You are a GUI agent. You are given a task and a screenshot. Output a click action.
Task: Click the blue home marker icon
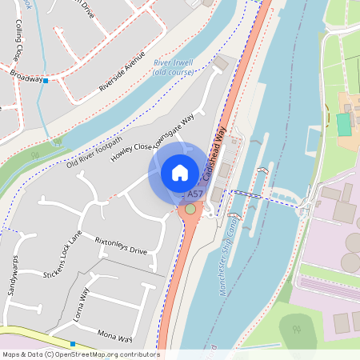(x=180, y=172)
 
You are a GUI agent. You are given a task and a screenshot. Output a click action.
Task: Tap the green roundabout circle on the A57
(x=190, y=210)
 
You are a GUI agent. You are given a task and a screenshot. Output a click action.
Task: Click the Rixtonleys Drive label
(x=122, y=245)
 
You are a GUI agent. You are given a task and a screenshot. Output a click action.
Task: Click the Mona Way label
(x=114, y=334)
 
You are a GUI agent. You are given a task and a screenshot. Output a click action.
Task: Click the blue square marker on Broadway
(x=46, y=81)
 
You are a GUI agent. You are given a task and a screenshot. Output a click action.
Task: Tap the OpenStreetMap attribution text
(x=80, y=354)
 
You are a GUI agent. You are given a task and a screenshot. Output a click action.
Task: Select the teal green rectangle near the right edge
(x=344, y=124)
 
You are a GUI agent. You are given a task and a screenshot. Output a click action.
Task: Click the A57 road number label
(x=194, y=194)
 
